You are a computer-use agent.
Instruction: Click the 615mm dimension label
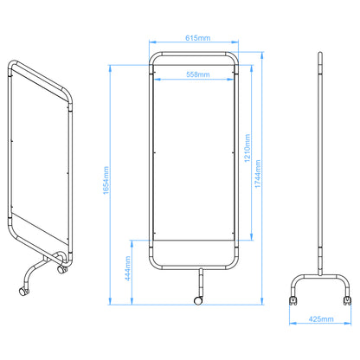(x=198, y=39)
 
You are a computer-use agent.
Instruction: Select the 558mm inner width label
(x=198, y=75)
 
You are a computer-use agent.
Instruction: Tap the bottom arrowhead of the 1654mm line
(x=110, y=303)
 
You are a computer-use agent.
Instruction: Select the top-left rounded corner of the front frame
(x=153, y=57)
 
